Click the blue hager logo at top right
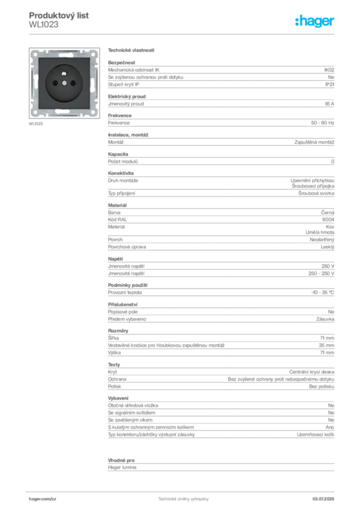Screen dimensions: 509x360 tap(315, 22)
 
